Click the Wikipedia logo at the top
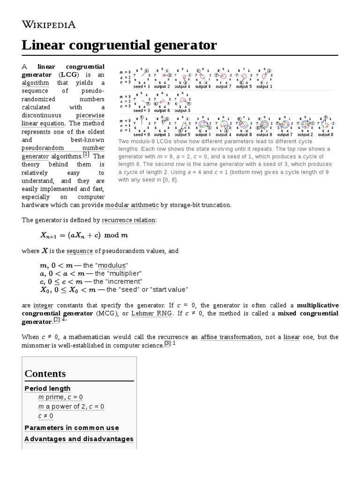click(x=49, y=25)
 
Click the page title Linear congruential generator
click(x=120, y=45)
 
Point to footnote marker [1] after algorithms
click(x=86, y=154)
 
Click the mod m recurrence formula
click(x=84, y=235)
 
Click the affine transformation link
click(x=231, y=337)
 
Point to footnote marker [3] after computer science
click(x=167, y=344)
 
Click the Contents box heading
click(x=45, y=374)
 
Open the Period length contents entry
click(x=47, y=388)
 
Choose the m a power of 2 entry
click(x=71, y=406)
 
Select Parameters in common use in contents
click(x=71, y=427)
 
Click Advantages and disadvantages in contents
click(x=79, y=439)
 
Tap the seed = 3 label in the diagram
click(x=142, y=110)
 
